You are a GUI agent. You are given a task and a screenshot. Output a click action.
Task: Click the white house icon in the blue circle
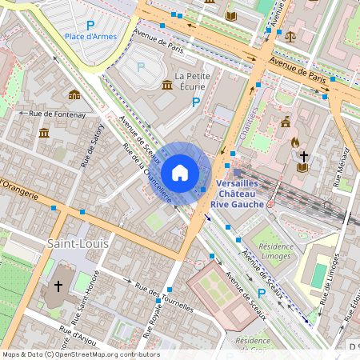180,172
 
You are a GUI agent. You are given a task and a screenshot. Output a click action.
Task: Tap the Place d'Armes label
90,36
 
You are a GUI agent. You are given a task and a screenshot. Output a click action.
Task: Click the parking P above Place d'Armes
90,26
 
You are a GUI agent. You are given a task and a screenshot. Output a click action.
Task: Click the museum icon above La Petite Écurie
167,85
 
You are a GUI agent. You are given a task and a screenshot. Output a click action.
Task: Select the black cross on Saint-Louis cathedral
58,286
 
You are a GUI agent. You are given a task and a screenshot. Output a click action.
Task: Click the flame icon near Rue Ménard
294,142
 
